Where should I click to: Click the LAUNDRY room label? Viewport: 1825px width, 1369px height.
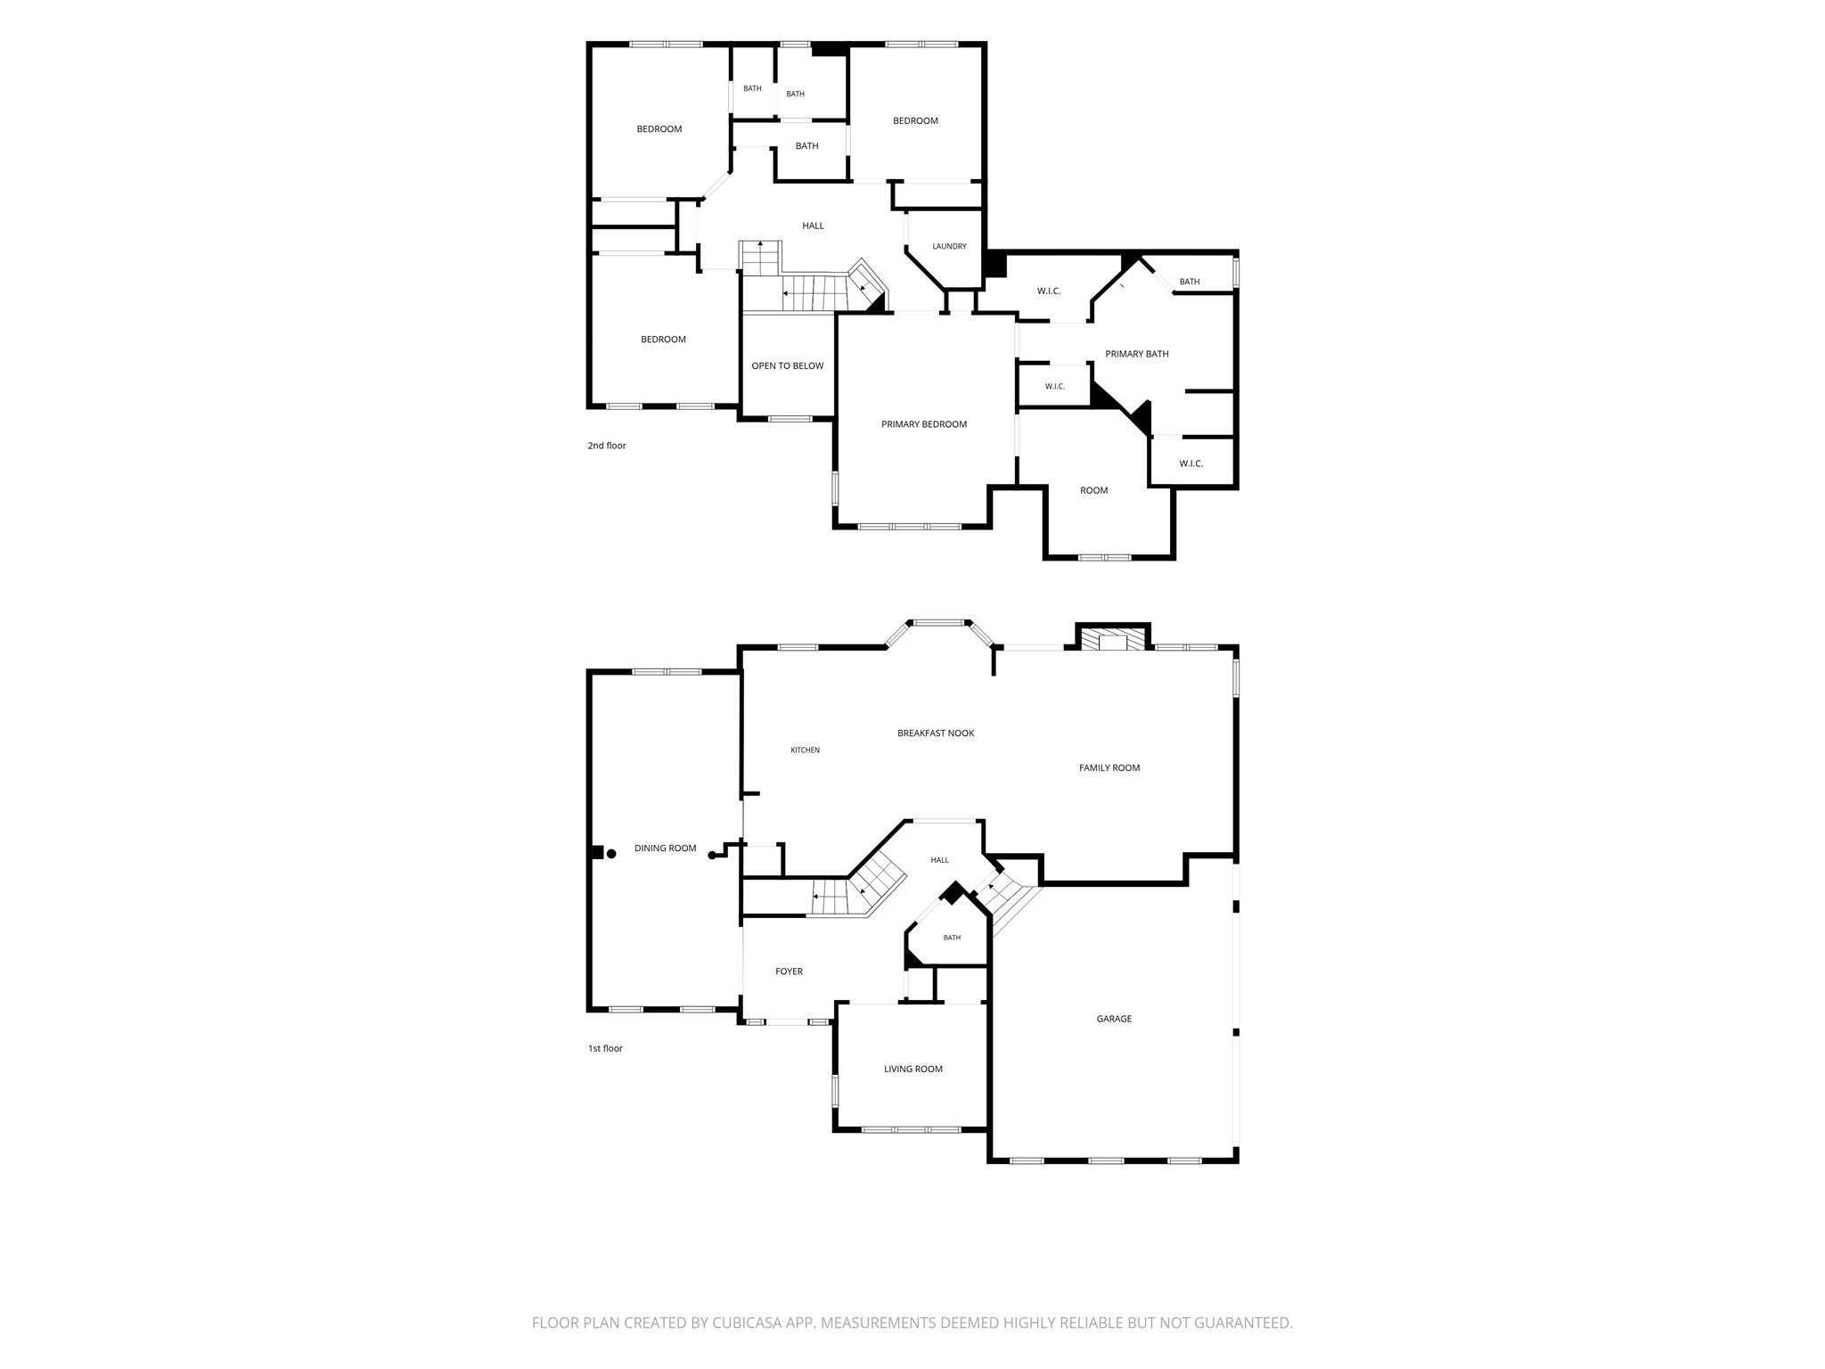pyautogui.click(x=949, y=247)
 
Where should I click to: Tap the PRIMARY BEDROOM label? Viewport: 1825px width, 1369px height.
pyautogui.click(x=924, y=424)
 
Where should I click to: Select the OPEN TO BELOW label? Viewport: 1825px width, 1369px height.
pyautogui.click(x=788, y=366)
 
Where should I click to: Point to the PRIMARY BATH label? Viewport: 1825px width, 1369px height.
pyautogui.click(x=1137, y=354)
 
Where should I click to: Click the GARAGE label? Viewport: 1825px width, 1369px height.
pyautogui.click(x=1114, y=1019)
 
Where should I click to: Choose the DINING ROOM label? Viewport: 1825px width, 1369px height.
pyautogui.click(x=666, y=848)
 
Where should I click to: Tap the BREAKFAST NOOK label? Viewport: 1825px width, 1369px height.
pyautogui.click(x=936, y=734)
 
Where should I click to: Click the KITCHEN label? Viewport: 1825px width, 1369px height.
pyautogui.click(x=806, y=750)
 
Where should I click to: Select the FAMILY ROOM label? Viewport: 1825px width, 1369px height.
pyautogui.click(x=1109, y=768)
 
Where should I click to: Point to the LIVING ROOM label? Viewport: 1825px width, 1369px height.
pyautogui.click(x=913, y=1070)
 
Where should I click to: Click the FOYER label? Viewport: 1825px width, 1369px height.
pyautogui.click(x=790, y=971)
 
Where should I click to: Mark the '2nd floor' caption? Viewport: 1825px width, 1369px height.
pyautogui.click(x=607, y=446)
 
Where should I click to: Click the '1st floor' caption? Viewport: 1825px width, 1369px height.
pyautogui.click(x=605, y=1048)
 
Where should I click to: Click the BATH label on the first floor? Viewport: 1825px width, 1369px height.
pyautogui.click(x=952, y=938)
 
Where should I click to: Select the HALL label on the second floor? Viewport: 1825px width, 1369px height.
pyautogui.click(x=813, y=226)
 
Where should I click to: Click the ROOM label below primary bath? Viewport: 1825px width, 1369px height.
pyautogui.click(x=1094, y=491)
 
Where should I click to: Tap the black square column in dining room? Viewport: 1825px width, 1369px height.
pyautogui.click(x=597, y=852)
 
